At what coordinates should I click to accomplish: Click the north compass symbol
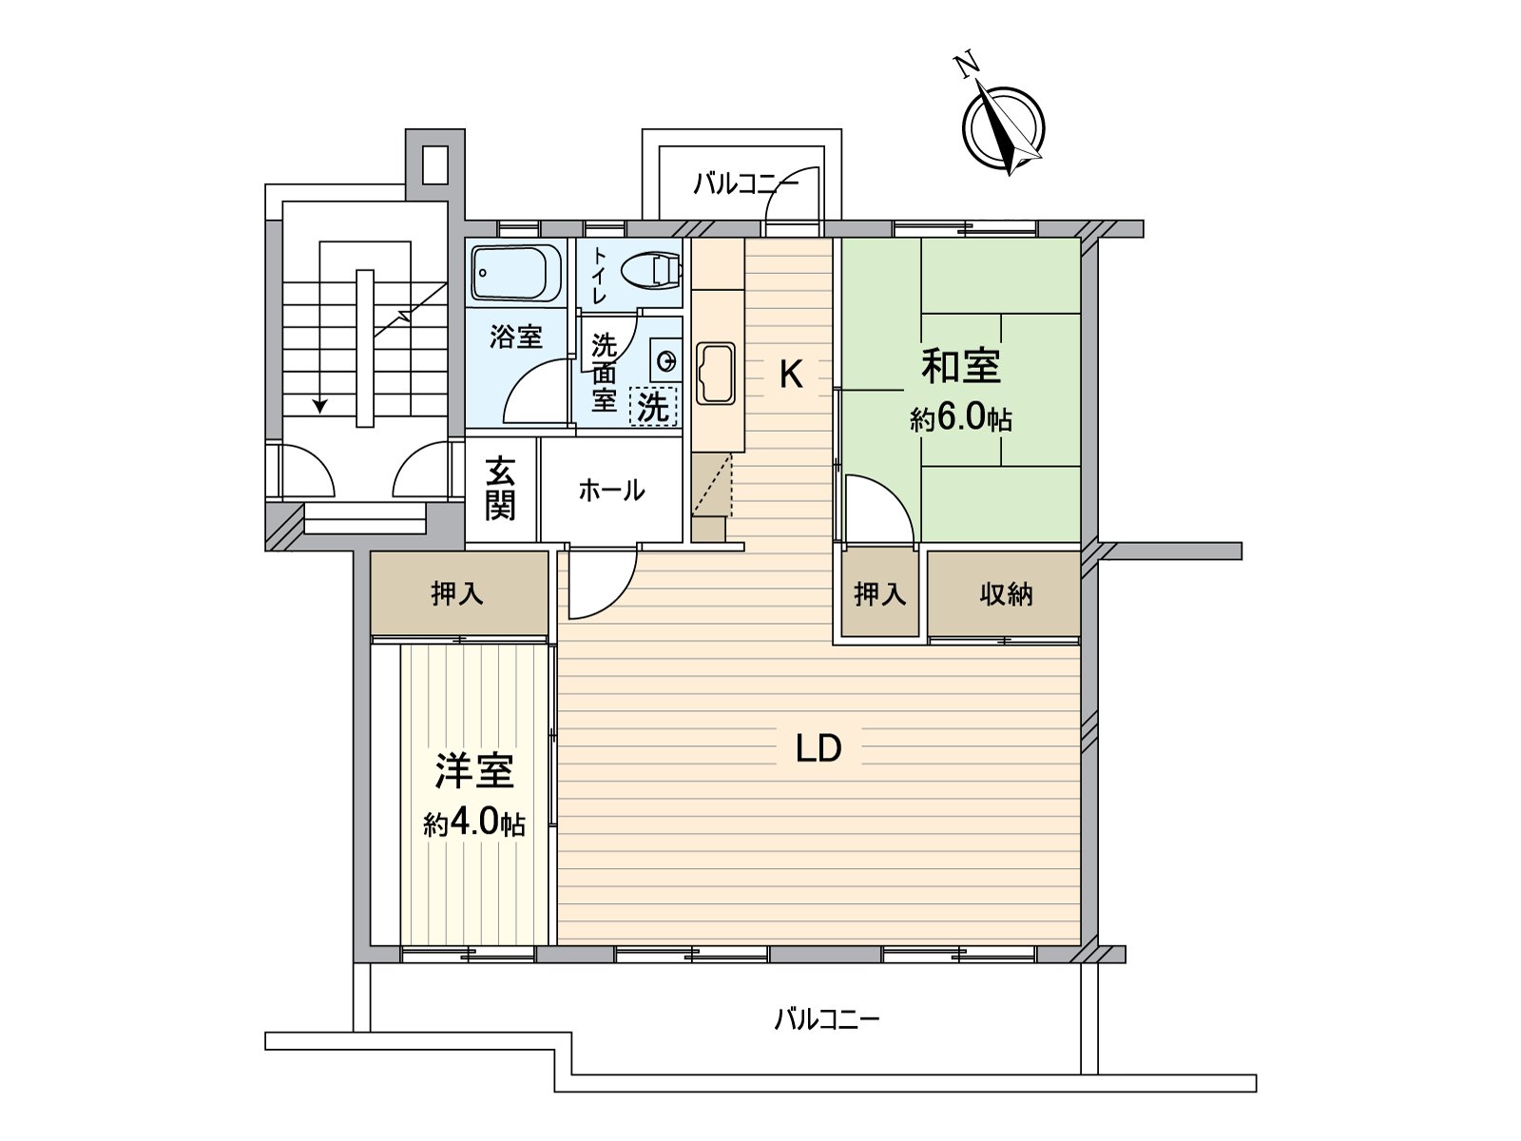tap(1003, 129)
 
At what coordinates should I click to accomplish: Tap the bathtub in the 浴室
tap(516, 273)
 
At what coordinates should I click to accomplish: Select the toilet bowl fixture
tap(652, 270)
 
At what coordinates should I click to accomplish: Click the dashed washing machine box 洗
tap(653, 407)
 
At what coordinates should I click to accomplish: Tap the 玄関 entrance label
tap(501, 489)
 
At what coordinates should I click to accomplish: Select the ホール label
tap(611, 491)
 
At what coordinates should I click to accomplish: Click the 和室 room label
tap(961, 366)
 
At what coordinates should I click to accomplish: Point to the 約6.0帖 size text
tap(960, 419)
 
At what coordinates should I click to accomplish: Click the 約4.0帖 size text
tap(474, 823)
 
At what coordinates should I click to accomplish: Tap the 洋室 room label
tap(474, 771)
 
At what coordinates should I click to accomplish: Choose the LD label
tap(818, 749)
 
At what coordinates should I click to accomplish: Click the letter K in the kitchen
tap(791, 375)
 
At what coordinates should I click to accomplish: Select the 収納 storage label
tap(1006, 594)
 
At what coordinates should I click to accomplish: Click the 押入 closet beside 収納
tap(879, 594)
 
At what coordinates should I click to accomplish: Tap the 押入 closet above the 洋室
tap(457, 594)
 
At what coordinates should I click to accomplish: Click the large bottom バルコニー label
tap(826, 1020)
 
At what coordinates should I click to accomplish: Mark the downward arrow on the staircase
tap(320, 405)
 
